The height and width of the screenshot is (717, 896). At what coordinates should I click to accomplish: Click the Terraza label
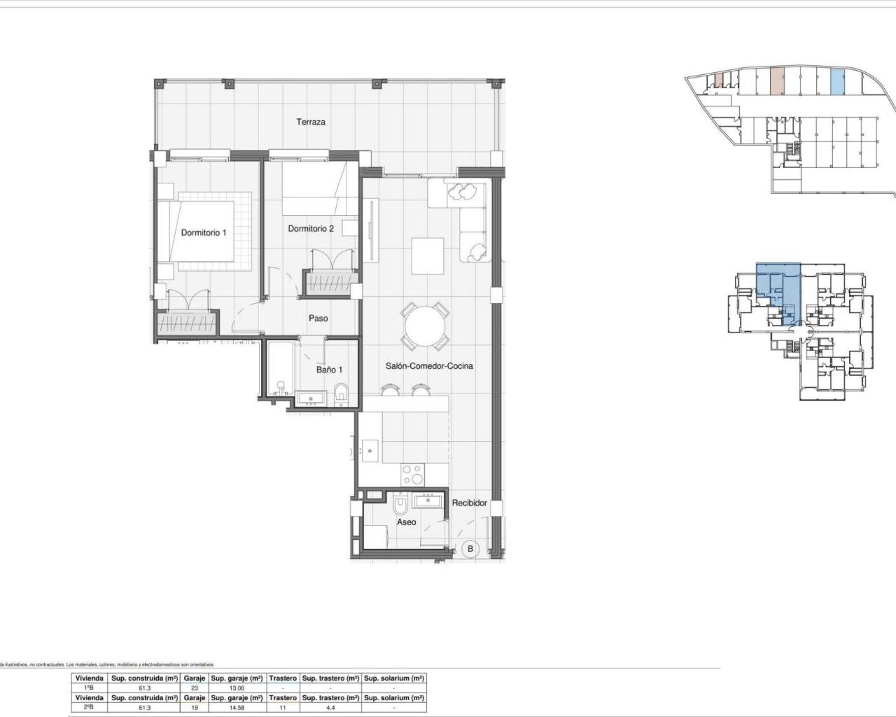[x=310, y=122]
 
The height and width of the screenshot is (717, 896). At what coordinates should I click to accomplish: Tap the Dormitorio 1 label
[x=204, y=232]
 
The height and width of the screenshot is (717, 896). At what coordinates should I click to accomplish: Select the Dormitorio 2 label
[x=311, y=228]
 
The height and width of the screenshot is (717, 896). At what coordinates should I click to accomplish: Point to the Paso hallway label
[x=318, y=318]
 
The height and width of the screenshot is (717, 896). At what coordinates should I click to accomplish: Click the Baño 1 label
[x=329, y=369]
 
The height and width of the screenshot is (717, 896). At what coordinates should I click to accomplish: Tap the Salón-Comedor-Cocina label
[x=429, y=366]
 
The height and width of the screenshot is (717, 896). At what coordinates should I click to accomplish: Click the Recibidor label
[x=469, y=503]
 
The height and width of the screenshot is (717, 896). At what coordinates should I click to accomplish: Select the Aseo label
[x=407, y=522]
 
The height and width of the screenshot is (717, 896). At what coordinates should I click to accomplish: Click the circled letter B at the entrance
[x=470, y=549]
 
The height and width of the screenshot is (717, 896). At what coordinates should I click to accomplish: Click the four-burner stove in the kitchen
[x=412, y=475]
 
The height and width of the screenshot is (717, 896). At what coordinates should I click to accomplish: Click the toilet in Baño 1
[x=341, y=394]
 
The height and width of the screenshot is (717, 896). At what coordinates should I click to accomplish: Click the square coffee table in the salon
[x=427, y=256]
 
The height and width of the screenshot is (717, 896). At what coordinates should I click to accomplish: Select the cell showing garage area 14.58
[x=238, y=708]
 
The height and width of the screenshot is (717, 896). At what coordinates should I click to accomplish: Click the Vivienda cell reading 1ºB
[x=90, y=688]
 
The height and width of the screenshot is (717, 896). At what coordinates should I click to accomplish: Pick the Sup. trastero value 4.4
[x=330, y=708]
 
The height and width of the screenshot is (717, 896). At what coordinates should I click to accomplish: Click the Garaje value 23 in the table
[x=194, y=688]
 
